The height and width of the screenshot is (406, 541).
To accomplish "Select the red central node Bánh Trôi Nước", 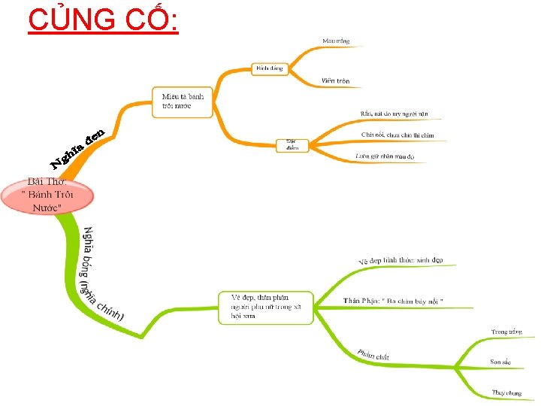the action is (x=48, y=195).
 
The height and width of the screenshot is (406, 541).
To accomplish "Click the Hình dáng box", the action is (x=270, y=68).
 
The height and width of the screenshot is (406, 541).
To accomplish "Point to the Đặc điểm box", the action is (x=292, y=145).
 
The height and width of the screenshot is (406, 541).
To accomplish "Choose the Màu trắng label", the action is (x=336, y=41).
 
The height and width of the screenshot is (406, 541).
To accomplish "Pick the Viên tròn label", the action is (x=335, y=80).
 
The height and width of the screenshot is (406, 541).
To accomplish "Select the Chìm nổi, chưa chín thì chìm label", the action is (x=397, y=135).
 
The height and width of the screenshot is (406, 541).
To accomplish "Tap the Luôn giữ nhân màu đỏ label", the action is (x=390, y=156).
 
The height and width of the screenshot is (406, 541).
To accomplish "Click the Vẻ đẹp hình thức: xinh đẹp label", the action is (x=400, y=260).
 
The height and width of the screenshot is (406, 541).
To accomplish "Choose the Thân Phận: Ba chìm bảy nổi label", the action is (x=393, y=301).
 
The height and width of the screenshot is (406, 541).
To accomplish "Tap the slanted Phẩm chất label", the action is (x=373, y=353).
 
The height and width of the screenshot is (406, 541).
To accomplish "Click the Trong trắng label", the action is (x=506, y=332).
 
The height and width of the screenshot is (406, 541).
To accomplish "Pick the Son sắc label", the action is (x=500, y=362).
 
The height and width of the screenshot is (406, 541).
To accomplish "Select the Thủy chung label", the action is (x=506, y=392).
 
